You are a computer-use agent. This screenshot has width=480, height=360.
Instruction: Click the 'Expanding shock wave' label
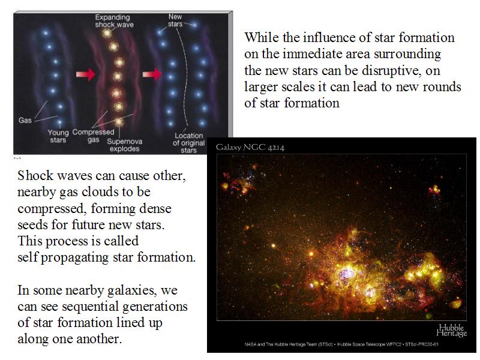coord(114,21)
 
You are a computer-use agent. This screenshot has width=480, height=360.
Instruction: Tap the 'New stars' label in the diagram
coord(175,20)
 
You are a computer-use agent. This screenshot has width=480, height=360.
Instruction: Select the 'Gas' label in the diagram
coord(25,120)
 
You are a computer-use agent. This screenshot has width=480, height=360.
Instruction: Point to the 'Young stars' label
coord(58,136)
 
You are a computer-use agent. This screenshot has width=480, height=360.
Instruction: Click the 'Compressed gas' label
coord(93,136)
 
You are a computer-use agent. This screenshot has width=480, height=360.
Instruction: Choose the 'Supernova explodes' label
coord(124,145)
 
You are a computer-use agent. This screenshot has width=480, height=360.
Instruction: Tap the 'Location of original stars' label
coord(188,143)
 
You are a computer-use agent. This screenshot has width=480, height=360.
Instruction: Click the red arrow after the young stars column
coord(85,74)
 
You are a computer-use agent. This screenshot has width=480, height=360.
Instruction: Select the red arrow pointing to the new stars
coord(152,74)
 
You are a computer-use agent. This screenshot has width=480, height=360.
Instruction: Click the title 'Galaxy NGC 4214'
coord(250,148)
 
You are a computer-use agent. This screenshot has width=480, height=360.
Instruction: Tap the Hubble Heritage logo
coord(452,331)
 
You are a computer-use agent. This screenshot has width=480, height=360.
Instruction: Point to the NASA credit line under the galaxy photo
coord(341,344)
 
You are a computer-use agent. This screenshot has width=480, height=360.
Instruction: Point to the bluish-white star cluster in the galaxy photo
coord(346,273)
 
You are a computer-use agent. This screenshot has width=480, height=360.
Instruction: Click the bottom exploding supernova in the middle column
coord(119,122)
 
